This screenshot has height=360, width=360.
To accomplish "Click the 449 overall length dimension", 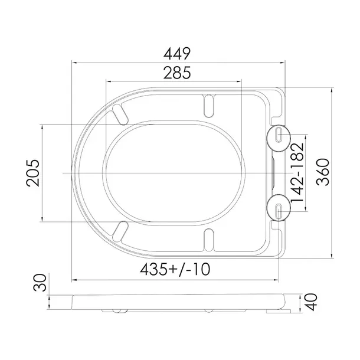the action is pos(177,54).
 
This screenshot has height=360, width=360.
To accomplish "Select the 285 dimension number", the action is pos(177,73).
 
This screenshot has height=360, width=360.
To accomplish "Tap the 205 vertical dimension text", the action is pos(33,173).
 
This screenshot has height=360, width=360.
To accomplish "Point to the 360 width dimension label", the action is pos(323,172).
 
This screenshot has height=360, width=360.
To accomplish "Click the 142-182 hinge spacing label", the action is pos(297,172).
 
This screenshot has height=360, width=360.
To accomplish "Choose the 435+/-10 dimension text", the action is pos(175,269).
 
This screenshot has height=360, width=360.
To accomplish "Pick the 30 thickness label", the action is pos(40,283).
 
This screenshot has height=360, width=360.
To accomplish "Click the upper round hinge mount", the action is pos(279,138).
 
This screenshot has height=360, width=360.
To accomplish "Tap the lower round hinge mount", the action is pos(279,208).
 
